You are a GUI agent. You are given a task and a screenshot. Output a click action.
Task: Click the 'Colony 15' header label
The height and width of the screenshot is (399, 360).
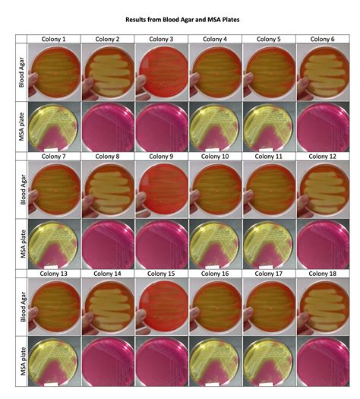tap(161, 273)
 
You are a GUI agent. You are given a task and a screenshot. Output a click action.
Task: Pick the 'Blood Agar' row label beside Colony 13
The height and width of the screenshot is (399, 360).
tap(18, 306)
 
